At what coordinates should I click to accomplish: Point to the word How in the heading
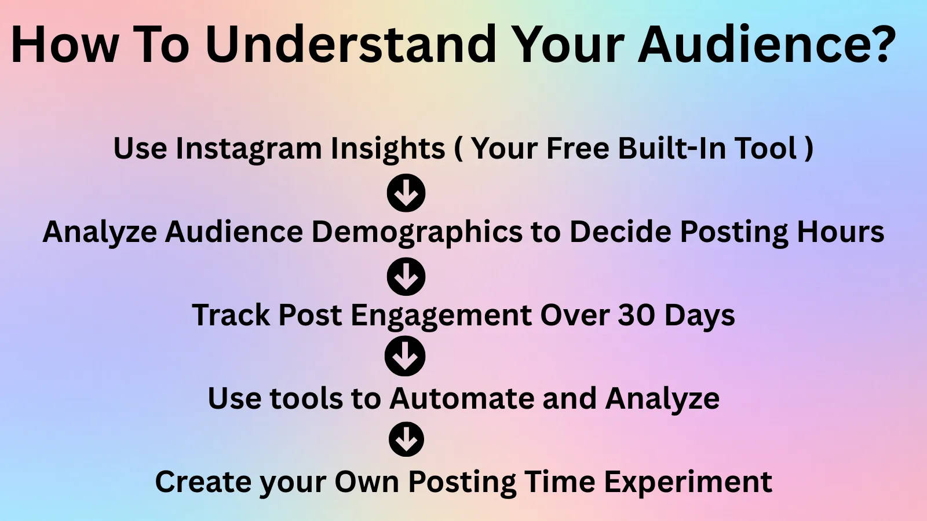[x=65, y=44]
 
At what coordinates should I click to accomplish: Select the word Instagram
[x=249, y=149]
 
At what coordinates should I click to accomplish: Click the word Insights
[x=388, y=149]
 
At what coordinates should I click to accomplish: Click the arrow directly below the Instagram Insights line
[x=406, y=193]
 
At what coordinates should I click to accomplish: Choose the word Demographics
[x=417, y=232]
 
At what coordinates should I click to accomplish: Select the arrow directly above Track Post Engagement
[x=406, y=277]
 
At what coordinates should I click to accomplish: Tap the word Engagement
[x=441, y=316]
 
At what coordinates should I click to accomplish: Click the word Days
[x=699, y=316]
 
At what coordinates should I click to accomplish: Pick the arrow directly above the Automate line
[x=405, y=356]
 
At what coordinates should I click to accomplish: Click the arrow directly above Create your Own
[x=406, y=439]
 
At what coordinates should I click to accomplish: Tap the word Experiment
[x=688, y=482]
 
